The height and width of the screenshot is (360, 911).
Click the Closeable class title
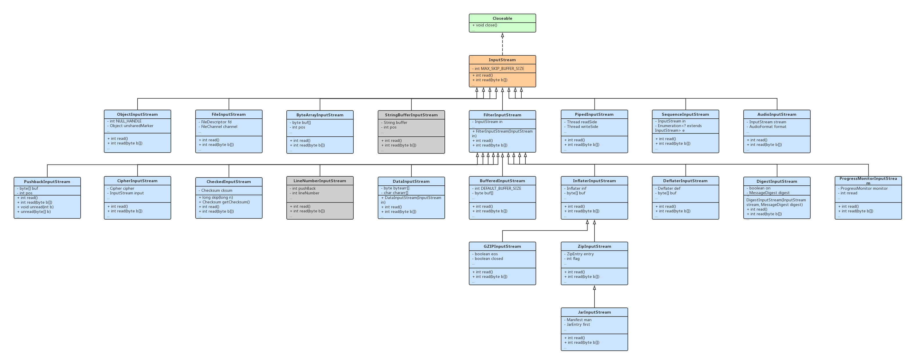point(502,18)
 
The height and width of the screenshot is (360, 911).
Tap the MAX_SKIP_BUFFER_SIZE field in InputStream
point(499,68)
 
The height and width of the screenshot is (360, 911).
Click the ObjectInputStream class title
point(137,114)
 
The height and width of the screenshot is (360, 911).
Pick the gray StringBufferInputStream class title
point(411,115)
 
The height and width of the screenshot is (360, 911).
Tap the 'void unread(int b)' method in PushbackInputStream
point(37,207)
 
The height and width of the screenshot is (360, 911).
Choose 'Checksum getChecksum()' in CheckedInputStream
point(226,202)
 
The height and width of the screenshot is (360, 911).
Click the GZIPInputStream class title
point(502,247)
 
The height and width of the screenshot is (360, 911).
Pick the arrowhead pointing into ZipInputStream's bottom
point(594,288)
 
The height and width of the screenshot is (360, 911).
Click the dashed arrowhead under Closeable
point(503,35)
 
